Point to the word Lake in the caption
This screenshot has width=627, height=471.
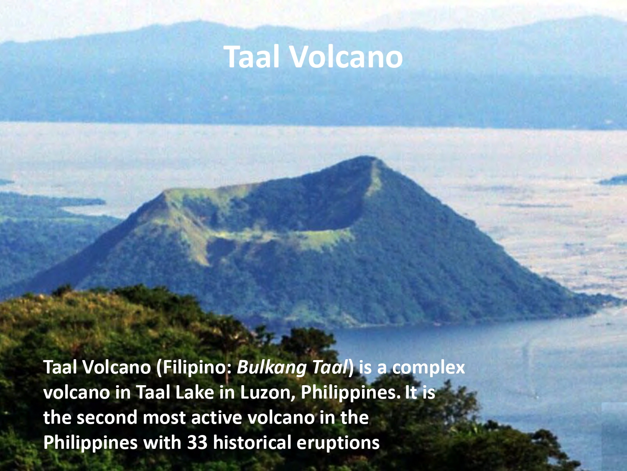point(194,392)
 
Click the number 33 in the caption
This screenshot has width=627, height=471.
point(197,443)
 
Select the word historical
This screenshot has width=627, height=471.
point(252,442)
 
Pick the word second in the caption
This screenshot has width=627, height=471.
point(107,417)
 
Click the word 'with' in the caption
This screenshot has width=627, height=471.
point(162,442)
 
